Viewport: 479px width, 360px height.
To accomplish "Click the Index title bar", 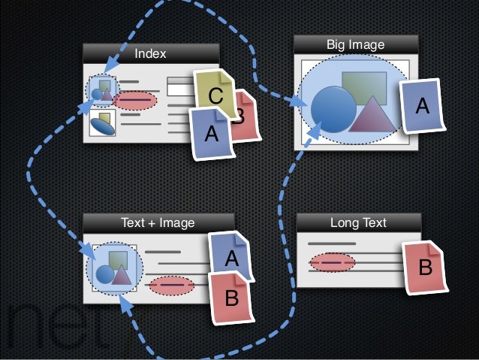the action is [150, 53].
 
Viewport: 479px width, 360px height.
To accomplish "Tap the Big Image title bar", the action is [355, 46].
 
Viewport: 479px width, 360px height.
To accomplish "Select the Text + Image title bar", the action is [157, 222].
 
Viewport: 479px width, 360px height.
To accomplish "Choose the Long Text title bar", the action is [358, 222].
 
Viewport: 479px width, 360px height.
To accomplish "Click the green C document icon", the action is [214, 96].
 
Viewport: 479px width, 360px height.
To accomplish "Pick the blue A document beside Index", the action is [211, 133].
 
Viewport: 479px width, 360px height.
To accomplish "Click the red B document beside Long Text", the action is [424, 268].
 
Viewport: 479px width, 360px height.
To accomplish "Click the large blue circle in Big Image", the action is [333, 110].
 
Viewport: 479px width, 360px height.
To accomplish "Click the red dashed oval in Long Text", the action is [332, 262].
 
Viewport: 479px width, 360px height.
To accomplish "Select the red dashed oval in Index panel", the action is [135, 100].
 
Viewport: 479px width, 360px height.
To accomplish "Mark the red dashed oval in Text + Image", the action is [172, 286].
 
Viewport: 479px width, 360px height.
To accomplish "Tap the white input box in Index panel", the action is [179, 89].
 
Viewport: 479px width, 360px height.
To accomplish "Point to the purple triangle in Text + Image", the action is [122, 275].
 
